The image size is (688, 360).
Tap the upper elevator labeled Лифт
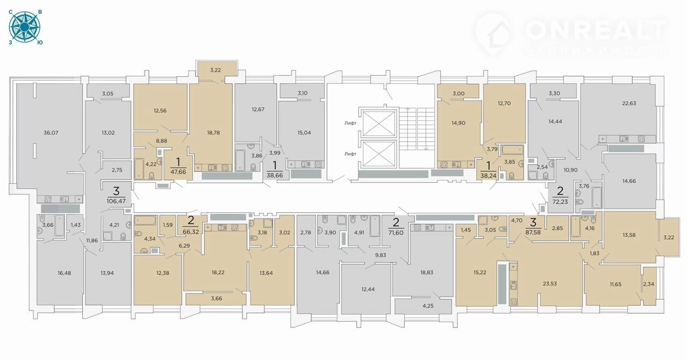378,123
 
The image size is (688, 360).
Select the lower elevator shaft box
378,154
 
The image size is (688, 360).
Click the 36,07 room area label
51,133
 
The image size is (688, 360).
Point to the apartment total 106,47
116,201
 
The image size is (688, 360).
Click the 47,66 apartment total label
178,172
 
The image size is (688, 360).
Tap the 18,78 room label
213,133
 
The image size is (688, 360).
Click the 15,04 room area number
304,133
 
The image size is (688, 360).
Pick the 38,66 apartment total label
275,176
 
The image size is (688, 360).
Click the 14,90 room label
458,123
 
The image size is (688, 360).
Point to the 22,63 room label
629,103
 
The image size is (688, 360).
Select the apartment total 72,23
560,202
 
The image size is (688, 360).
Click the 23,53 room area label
550,284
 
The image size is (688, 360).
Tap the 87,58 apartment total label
533,232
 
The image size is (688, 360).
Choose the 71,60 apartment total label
396,233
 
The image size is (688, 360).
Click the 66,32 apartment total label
191,231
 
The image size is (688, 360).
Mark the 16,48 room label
64,273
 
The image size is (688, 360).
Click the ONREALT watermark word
596,31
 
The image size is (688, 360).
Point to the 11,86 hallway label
92,241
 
